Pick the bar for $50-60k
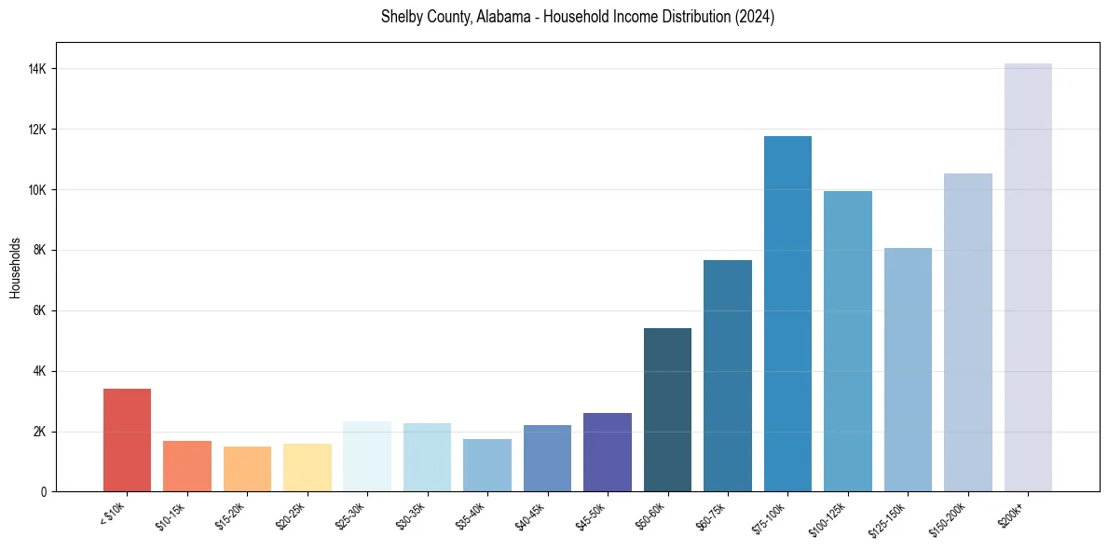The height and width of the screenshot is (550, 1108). point(667,409)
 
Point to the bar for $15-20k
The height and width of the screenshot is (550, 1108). point(247,469)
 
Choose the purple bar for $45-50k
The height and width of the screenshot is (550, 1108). point(608,452)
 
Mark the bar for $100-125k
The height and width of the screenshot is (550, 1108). point(848,341)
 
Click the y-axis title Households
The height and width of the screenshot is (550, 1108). point(15,267)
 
